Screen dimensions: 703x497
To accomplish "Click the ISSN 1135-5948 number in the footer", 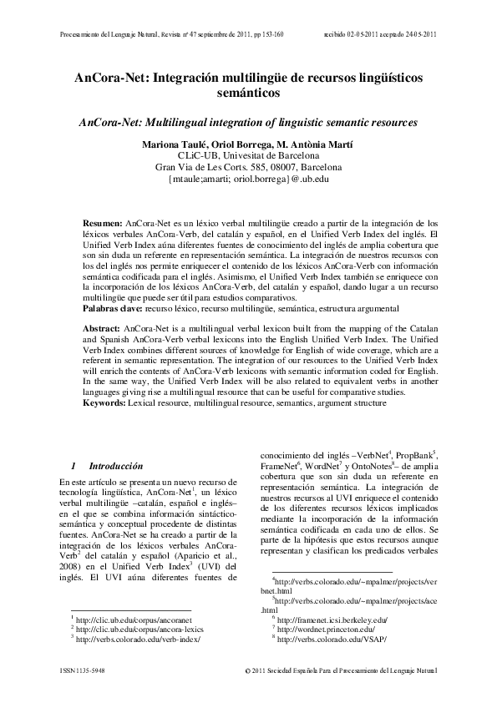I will coord(94,670).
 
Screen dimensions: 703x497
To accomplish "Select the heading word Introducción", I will coord(116,465).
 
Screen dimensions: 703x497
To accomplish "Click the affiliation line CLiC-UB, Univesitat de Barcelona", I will coord(248,154).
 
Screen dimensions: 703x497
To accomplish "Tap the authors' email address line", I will coord(248,178).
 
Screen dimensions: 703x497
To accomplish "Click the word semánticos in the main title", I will coord(248,95).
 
